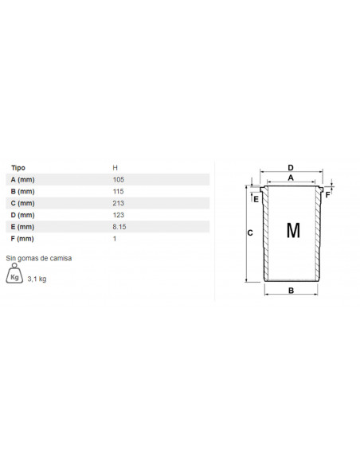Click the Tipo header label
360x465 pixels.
[x=18, y=168]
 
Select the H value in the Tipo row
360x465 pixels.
[x=115, y=168]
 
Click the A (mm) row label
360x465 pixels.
[x=22, y=180]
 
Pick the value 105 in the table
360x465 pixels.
[x=119, y=180]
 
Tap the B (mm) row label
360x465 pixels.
[x=22, y=192]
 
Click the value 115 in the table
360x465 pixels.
[x=118, y=192]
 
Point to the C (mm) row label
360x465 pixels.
[x=22, y=204]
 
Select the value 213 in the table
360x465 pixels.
[x=119, y=204]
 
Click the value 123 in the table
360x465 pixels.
[x=119, y=215]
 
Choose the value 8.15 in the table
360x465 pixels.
[x=119, y=227]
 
